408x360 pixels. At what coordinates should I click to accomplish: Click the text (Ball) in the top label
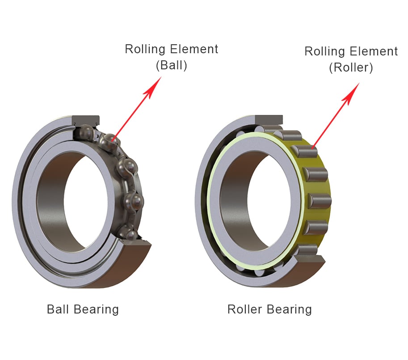click(171, 65)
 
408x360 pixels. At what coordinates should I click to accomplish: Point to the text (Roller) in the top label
click(351, 68)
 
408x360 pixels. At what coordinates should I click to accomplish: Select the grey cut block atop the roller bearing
click(268, 120)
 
